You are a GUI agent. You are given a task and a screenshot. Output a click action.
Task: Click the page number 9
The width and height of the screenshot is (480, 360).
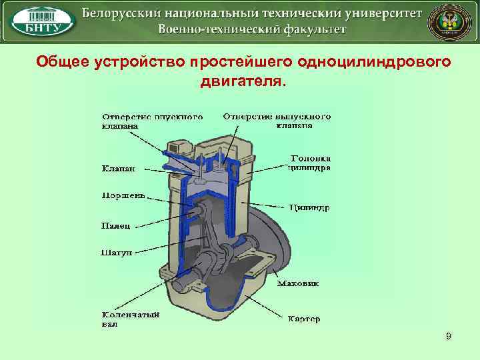pos(449,337)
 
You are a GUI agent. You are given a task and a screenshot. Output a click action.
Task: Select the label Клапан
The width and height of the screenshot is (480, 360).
pos(117,169)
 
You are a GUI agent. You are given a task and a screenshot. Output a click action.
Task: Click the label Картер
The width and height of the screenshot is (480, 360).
pos(304,319)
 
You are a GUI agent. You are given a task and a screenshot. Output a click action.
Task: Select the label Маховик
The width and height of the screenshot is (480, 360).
pos(297,283)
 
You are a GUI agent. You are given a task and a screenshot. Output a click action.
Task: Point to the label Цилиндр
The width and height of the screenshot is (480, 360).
pos(309,207)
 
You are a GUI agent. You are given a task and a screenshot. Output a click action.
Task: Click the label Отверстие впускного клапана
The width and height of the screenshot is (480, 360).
pos(152,121)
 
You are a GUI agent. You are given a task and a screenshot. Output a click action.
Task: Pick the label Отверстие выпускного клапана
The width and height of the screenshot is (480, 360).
pos(277,121)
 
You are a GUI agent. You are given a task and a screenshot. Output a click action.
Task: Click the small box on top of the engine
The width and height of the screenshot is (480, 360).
pos(179,148)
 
